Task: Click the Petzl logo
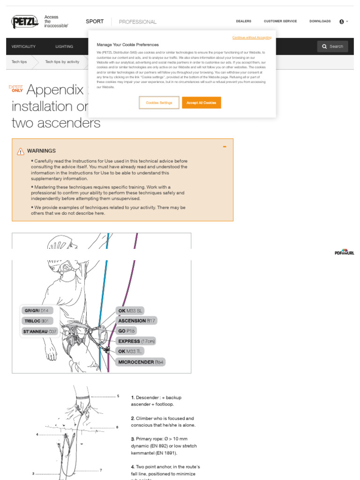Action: click(x=25, y=22)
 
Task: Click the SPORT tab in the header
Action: click(x=95, y=22)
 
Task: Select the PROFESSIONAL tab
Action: click(x=138, y=22)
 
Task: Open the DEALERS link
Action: click(x=243, y=21)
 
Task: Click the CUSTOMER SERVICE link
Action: click(x=280, y=21)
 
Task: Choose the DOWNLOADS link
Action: click(x=320, y=21)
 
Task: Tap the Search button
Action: click(x=332, y=46)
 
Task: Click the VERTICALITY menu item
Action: click(x=23, y=46)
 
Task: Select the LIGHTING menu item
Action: click(x=64, y=46)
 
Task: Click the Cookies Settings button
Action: click(x=159, y=103)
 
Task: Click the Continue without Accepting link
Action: click(x=251, y=37)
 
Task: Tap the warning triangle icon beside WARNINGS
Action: click(x=21, y=151)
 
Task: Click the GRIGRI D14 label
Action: click(x=37, y=310)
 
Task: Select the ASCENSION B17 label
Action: click(x=136, y=321)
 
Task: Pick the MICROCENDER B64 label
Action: click(x=141, y=362)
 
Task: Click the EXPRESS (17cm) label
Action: click(x=136, y=341)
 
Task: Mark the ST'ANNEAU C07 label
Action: click(x=39, y=331)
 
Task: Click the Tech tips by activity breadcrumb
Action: click(x=62, y=61)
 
